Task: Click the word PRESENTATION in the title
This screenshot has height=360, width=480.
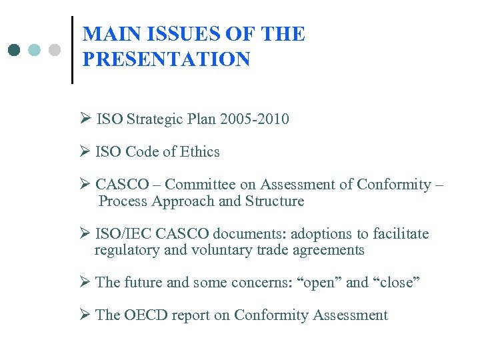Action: click(166, 59)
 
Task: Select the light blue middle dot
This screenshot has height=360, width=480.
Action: click(35, 50)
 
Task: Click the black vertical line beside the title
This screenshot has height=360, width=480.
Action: click(72, 49)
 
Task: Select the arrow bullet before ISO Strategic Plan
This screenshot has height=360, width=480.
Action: click(85, 119)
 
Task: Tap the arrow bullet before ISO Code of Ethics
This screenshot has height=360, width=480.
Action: click(85, 152)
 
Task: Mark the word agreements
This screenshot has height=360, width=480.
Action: click(329, 250)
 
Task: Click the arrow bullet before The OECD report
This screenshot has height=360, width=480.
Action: click(85, 315)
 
